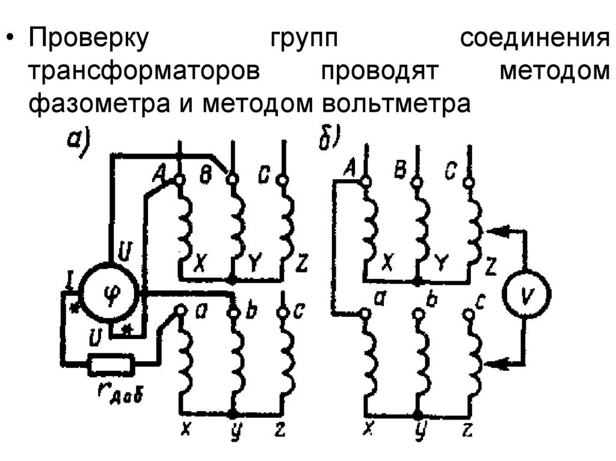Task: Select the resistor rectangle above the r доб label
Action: click(x=111, y=364)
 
